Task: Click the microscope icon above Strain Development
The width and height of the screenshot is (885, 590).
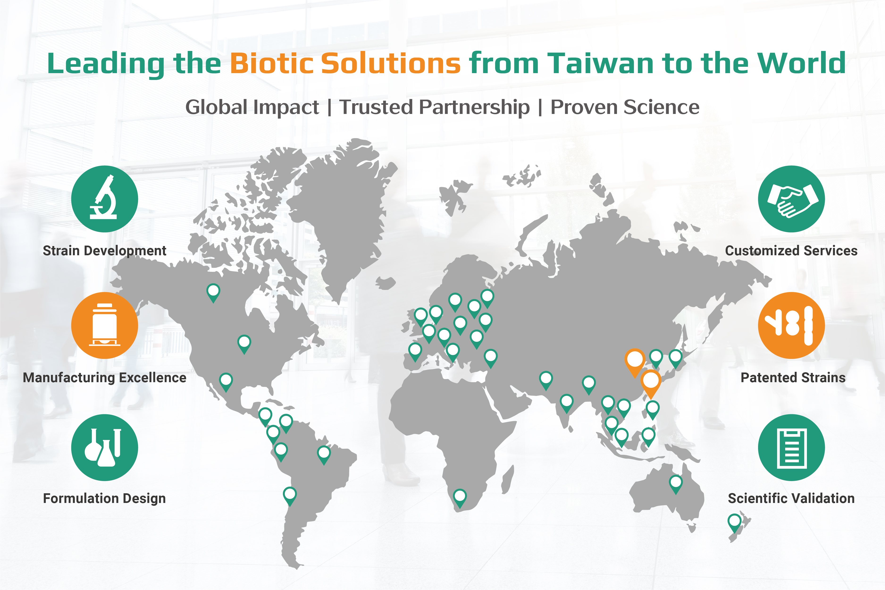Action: tap(104, 199)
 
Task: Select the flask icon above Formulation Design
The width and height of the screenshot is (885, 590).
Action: tap(104, 447)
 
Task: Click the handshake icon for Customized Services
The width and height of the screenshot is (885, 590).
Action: tap(791, 199)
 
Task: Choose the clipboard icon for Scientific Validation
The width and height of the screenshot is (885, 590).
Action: tap(791, 447)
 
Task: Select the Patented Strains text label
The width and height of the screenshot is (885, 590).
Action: tap(793, 377)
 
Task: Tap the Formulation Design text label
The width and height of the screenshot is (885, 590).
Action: tap(104, 498)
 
